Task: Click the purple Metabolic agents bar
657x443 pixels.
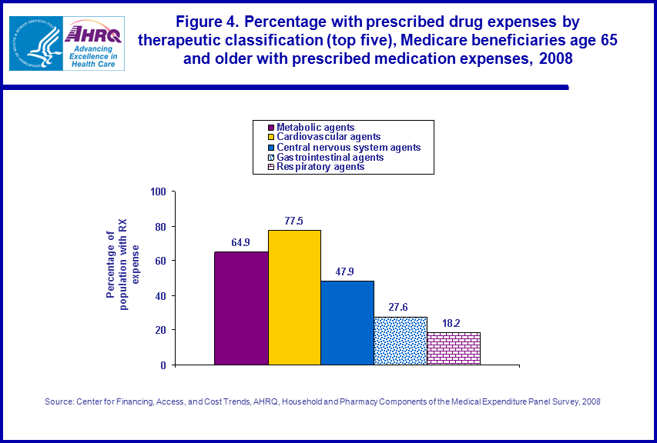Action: click(x=241, y=308)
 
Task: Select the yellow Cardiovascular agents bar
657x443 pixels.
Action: click(x=294, y=297)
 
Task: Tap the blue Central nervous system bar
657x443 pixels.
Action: click(x=347, y=322)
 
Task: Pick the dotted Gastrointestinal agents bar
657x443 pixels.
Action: click(x=401, y=340)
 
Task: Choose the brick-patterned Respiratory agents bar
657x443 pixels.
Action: click(x=454, y=348)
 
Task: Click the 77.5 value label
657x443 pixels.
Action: click(x=294, y=221)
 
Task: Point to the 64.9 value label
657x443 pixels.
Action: click(x=241, y=242)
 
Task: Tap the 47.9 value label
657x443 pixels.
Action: click(x=347, y=271)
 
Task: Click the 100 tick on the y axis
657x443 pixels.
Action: click(x=159, y=192)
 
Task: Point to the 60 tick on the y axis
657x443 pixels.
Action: click(x=161, y=261)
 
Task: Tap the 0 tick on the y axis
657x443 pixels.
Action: click(x=163, y=365)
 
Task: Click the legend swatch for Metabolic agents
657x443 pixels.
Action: click(x=271, y=128)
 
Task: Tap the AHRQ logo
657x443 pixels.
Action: click(x=91, y=44)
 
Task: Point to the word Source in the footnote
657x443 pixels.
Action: click(x=59, y=401)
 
